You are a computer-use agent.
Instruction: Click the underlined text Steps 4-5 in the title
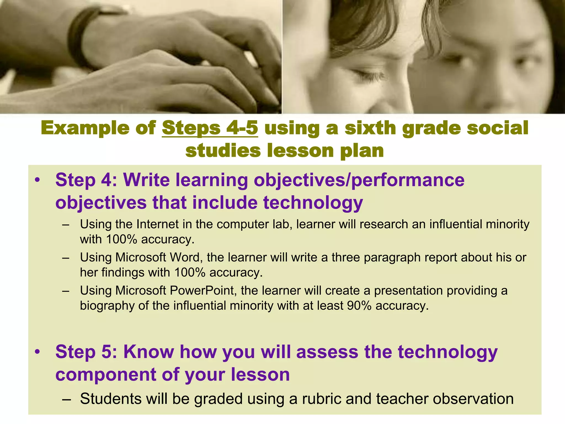[210, 128]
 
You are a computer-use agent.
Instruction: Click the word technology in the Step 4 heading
[313, 203]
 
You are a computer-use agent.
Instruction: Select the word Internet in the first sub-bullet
[158, 224]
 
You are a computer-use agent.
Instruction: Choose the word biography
[107, 306]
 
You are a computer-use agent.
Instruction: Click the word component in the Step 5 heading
[106, 375]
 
